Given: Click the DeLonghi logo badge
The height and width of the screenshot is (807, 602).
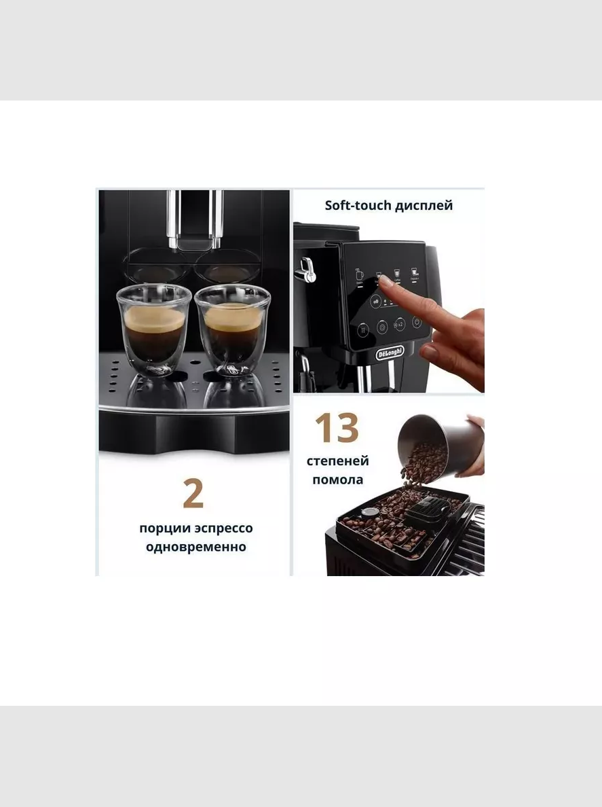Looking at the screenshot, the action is pyautogui.click(x=390, y=353).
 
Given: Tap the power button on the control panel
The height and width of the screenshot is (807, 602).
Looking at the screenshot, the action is pyautogui.click(x=417, y=322).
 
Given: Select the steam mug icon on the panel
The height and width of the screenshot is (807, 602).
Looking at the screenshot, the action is pyautogui.click(x=359, y=274).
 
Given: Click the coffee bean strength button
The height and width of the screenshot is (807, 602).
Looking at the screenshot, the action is pyautogui.click(x=376, y=301).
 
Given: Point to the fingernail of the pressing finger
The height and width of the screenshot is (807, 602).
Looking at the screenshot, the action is pyautogui.click(x=385, y=281).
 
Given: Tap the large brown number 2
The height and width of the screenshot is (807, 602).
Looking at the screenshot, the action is pyautogui.click(x=193, y=494).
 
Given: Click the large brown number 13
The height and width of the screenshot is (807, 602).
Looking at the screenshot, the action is pyautogui.click(x=337, y=427).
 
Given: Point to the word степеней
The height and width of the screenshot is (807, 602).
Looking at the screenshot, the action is pyautogui.click(x=338, y=461).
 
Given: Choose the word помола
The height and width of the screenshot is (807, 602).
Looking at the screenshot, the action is pyautogui.click(x=338, y=480).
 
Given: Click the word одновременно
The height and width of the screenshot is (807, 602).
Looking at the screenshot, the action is pyautogui.click(x=196, y=547).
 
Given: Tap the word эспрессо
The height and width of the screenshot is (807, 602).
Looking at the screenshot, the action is pyautogui.click(x=224, y=528).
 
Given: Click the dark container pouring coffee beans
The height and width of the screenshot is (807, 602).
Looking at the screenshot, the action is pyautogui.click(x=440, y=445).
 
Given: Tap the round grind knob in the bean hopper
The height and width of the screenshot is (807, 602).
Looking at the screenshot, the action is pyautogui.click(x=369, y=513).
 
